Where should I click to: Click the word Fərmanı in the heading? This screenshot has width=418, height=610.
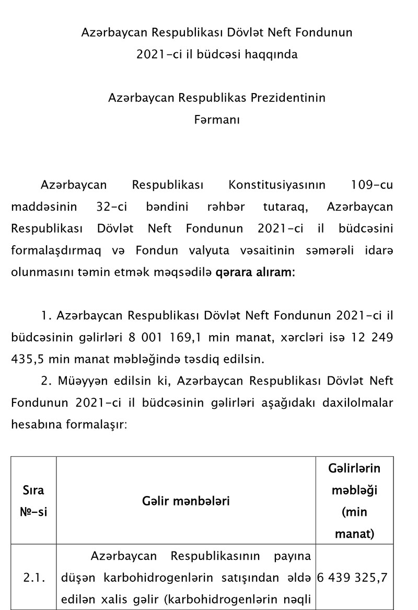coord(217,120)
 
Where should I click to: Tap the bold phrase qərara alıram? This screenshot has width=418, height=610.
coord(255,272)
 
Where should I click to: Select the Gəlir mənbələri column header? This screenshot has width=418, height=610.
coord(185,501)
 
